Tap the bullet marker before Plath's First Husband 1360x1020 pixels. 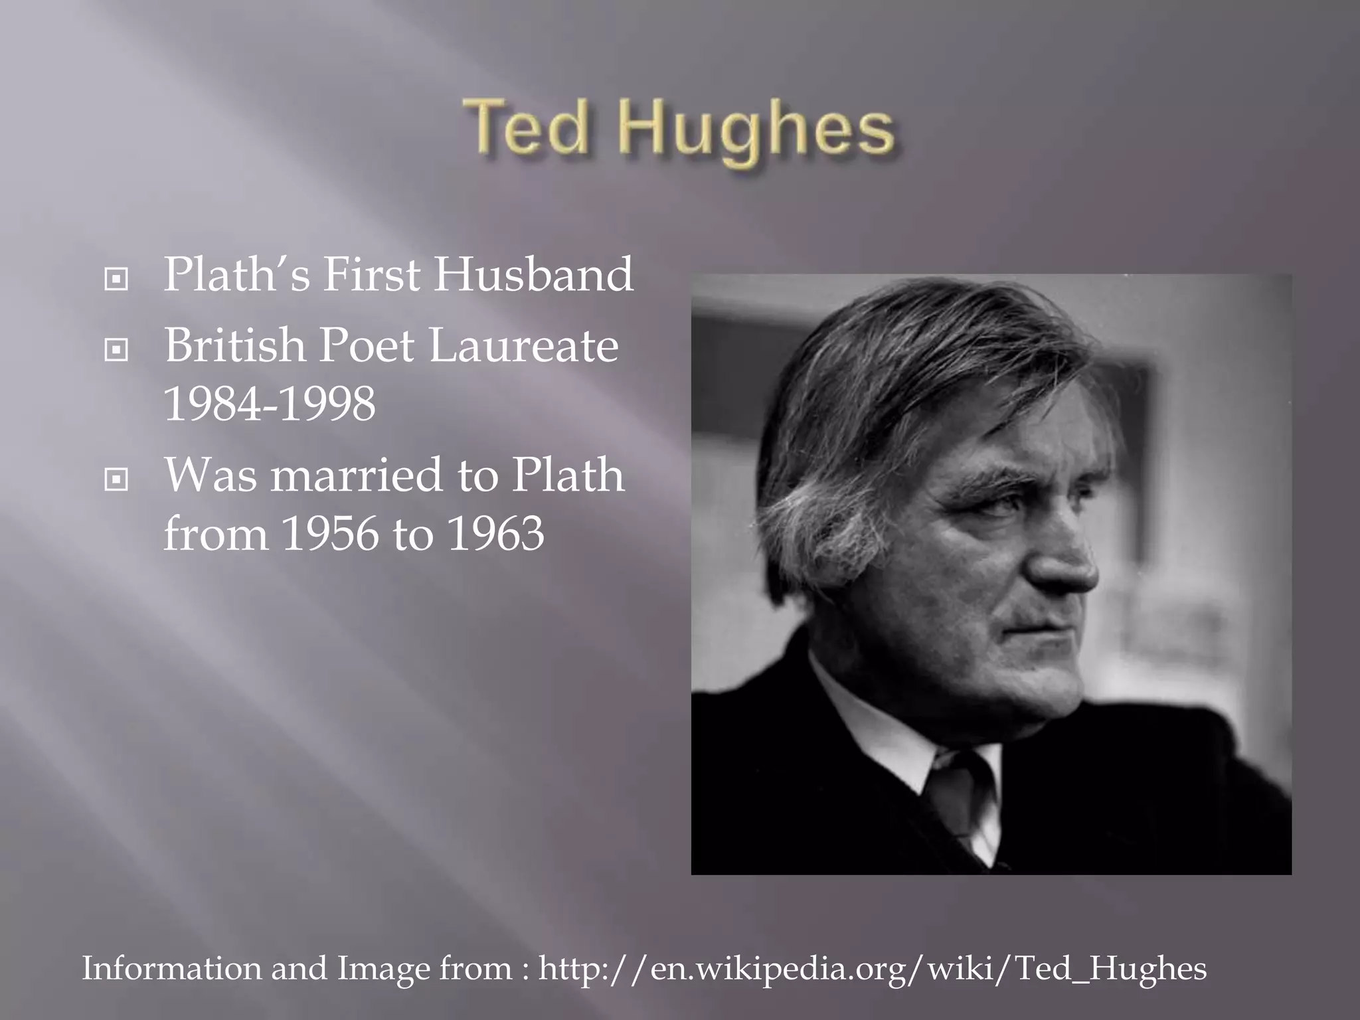coord(116,279)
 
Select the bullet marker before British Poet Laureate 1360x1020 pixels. coord(116,349)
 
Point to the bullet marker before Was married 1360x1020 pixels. coord(116,479)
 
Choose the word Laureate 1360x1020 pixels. coord(524,345)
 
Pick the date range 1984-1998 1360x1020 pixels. coord(270,404)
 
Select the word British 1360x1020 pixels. coord(235,345)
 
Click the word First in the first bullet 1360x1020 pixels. coord(373,275)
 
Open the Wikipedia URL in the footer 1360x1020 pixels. coord(872,968)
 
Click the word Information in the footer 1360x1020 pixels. coord(171,968)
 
